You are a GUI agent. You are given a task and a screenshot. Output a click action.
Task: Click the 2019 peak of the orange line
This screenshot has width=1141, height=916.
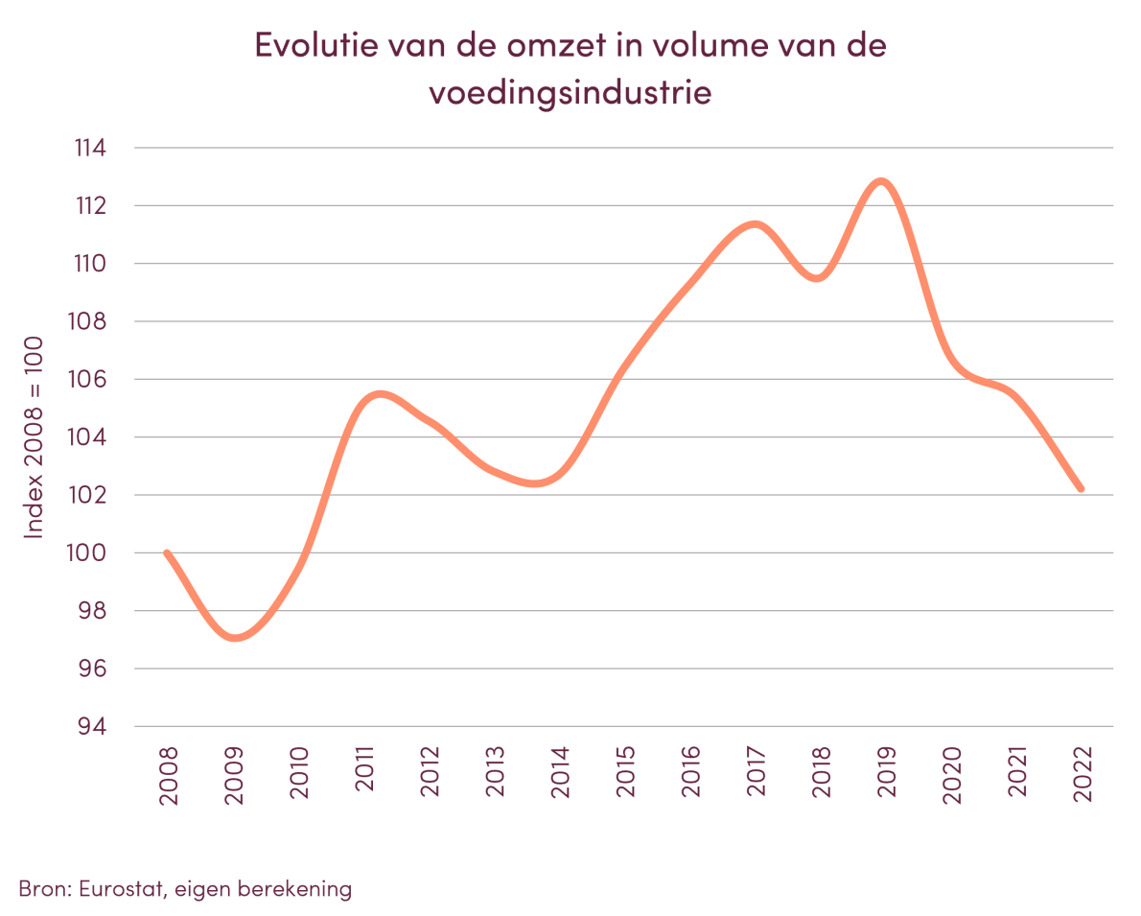click(881, 181)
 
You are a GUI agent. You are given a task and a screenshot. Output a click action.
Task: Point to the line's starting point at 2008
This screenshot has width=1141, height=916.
click(167, 552)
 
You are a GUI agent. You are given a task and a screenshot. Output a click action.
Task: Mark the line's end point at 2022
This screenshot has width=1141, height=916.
click(1081, 489)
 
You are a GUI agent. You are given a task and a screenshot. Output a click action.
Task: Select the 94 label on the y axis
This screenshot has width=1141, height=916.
click(93, 727)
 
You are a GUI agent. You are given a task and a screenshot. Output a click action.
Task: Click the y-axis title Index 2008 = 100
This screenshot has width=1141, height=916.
click(35, 437)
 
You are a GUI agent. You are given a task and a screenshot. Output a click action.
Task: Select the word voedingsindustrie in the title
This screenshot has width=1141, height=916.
click(570, 94)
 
